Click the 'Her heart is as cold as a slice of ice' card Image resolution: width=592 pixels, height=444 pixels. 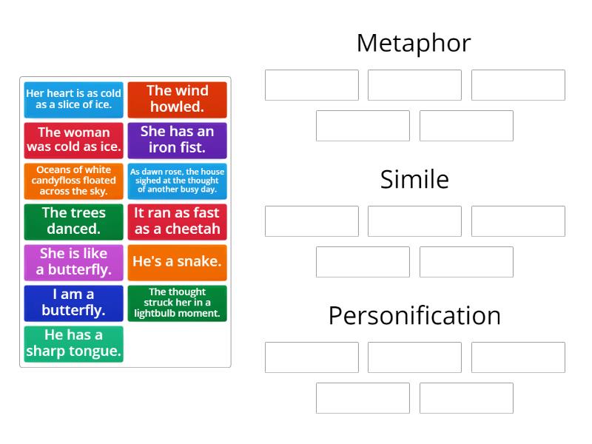click(73, 99)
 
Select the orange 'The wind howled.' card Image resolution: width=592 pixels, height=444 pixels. click(177, 99)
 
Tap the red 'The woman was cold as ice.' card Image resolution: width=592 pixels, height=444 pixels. click(73, 140)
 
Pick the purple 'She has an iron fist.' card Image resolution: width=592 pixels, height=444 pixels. click(177, 140)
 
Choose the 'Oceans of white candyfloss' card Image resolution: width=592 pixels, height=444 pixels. click(73, 181)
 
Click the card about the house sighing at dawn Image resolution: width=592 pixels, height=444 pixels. click(177, 181)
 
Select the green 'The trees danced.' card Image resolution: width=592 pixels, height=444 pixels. click(73, 221)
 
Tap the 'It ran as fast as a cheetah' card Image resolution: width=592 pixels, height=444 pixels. click(177, 221)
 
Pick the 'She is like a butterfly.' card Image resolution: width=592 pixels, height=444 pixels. click(73, 262)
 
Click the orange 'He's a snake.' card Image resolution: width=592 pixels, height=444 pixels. click(177, 262)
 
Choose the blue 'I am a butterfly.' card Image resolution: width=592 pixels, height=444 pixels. click(73, 303)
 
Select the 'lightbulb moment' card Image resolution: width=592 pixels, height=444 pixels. click(177, 303)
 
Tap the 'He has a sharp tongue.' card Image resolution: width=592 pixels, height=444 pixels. click(73, 343)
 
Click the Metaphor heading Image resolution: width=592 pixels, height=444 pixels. click(414, 43)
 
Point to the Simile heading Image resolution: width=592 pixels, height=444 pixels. click(414, 179)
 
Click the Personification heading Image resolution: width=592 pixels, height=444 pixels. click(414, 315)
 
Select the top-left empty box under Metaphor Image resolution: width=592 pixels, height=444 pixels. click(312, 85)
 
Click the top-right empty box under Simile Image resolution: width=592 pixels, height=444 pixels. click(518, 221)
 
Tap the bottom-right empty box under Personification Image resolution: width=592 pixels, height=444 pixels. click(466, 398)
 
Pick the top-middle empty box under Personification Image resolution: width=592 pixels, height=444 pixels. click(414, 357)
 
